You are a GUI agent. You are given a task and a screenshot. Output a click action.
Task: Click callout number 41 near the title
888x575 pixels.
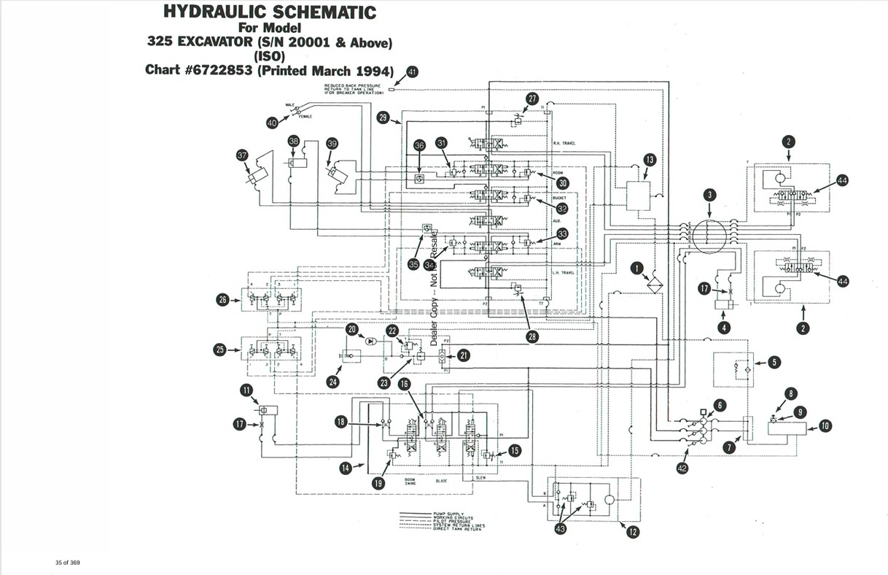point(413,72)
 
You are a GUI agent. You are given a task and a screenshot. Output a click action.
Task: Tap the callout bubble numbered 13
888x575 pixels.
point(650,160)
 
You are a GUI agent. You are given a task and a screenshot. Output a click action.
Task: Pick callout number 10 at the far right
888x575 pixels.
point(825,425)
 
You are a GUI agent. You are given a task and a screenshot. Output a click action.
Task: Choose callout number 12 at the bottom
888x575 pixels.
point(632,532)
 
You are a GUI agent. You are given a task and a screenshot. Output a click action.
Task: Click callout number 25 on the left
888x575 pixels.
point(221,350)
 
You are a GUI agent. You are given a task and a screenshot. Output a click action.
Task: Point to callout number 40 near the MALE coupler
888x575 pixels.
point(272,123)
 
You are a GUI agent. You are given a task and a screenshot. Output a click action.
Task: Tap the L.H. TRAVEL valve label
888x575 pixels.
point(564,272)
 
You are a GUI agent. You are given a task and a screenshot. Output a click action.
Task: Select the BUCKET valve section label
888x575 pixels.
point(560,198)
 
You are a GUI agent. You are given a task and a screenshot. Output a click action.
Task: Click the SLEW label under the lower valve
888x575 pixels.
point(480,478)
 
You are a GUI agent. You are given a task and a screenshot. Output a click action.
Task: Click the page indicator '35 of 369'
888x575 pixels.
point(67,562)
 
